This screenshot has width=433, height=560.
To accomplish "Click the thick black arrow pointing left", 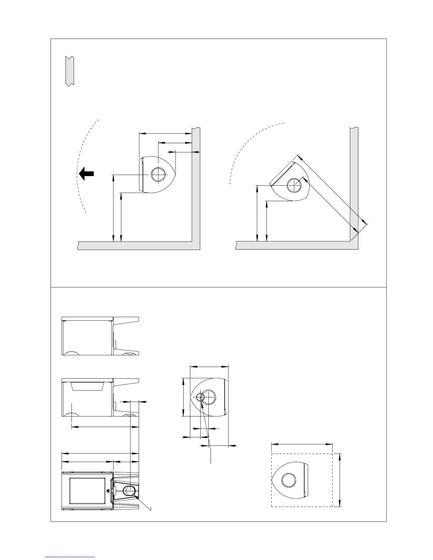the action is tap(86, 174).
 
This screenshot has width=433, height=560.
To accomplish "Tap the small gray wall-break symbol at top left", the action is tap(69, 71).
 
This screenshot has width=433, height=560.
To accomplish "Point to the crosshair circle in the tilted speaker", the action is tap(294, 185).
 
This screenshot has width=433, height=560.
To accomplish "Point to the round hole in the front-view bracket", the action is tap(129, 491).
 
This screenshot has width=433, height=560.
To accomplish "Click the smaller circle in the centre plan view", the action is tap(201, 397).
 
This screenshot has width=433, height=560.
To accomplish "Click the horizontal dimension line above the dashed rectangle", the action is tap(302, 444).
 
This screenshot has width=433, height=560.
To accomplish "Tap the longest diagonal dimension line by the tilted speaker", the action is tap(333, 189).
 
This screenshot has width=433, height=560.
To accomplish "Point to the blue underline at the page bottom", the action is tap(70, 557).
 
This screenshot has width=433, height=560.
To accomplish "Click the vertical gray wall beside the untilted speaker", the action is tap(196, 184).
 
